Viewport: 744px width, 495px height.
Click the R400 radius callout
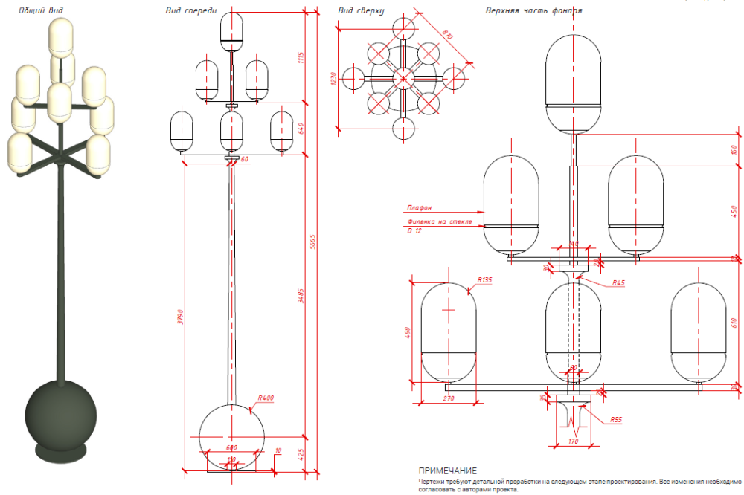point(266,398)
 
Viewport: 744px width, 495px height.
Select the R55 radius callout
point(615,420)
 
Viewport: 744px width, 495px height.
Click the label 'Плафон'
point(419,209)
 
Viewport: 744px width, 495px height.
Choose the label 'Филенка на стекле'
point(439,222)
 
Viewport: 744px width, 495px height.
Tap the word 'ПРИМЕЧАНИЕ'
point(447,471)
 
